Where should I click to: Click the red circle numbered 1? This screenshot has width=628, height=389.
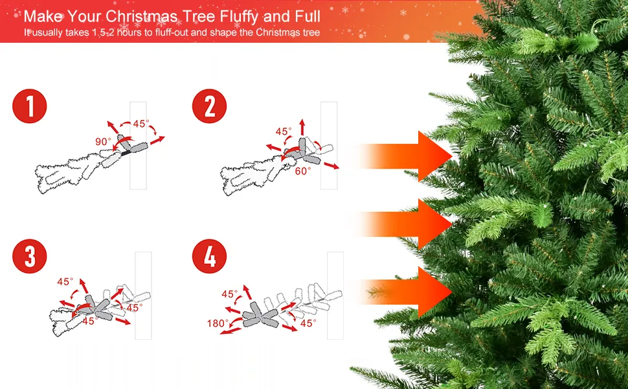coord(30,106)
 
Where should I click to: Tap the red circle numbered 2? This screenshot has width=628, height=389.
coord(210,106)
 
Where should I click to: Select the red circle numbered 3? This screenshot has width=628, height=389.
coord(30,256)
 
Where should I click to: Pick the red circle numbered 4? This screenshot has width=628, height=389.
coord(210,256)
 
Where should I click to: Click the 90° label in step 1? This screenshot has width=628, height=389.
coord(103,141)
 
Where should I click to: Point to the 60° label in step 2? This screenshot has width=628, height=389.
coord(303,171)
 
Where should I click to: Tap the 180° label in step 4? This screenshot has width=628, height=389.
coord(218,324)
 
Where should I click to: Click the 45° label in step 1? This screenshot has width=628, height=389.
coord(141,124)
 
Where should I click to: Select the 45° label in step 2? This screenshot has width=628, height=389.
coord(284,131)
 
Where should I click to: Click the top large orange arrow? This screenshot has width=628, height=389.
coord(405,156)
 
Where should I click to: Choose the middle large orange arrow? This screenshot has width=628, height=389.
coord(405,224)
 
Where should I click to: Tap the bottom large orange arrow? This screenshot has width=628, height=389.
coord(405,292)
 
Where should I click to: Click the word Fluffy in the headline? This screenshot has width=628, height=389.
coord(239,17)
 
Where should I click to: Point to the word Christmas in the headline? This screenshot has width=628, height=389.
coord(142,16)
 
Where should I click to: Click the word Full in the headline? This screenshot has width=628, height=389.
coord(308,16)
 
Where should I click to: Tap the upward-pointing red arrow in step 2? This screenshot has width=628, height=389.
coord(302,128)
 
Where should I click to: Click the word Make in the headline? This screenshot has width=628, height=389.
coord(43,16)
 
